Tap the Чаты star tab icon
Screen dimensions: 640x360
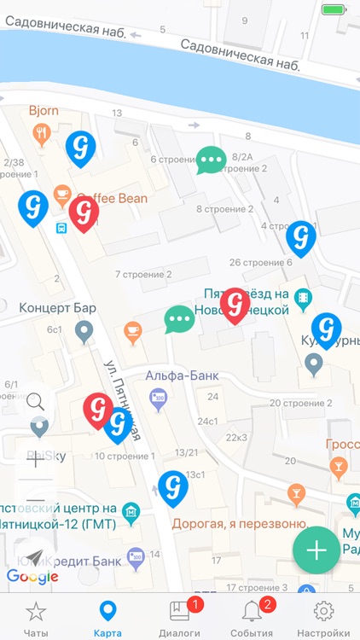[35, 611]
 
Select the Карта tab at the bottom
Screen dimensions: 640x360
[107, 611]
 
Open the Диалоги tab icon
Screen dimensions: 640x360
[180, 611]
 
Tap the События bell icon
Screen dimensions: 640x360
[252, 611]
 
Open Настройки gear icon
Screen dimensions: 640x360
[323, 611]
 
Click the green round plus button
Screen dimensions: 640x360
[316, 550]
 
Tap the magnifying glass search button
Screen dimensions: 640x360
[36, 401]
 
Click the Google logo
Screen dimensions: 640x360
[32, 577]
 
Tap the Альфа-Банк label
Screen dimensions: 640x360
[174, 375]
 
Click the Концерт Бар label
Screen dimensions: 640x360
[57, 307]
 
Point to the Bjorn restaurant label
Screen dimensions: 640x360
[44, 111]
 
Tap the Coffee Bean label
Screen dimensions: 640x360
[112, 198]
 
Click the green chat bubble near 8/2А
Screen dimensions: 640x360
[211, 159]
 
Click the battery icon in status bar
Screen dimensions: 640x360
[333, 10]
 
